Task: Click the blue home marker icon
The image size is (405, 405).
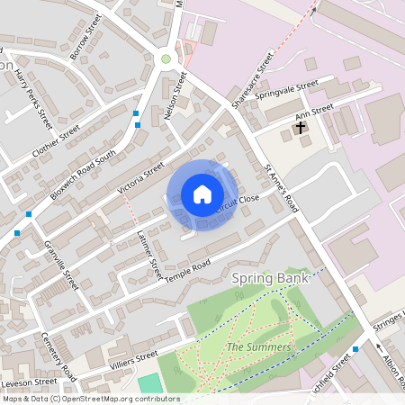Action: coord(202,194)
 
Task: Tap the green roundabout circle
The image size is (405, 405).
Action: coord(166,58)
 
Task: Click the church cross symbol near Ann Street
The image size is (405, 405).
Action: coord(300,128)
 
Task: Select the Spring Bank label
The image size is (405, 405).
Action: coord(271,279)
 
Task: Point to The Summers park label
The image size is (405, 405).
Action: coord(258,347)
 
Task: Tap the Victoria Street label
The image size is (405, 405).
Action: coord(141,178)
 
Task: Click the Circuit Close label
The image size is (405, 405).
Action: coord(236,204)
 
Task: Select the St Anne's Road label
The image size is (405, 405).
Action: coord(281,186)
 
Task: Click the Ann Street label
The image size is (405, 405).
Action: coord(316,112)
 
